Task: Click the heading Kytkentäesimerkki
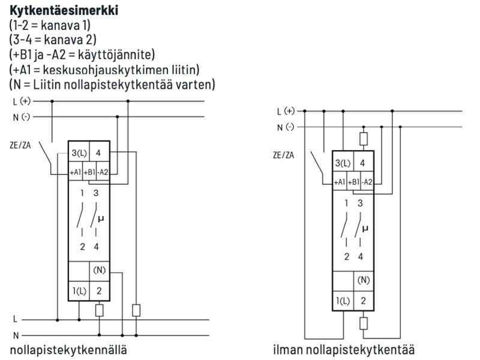coord(58,11)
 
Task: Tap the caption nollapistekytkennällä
coord(68,349)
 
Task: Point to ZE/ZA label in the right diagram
coord(284,155)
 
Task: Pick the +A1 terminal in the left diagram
coord(75,172)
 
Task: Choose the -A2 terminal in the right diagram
coord(367,182)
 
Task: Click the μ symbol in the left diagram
coord(100,219)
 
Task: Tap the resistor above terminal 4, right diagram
coord(363,139)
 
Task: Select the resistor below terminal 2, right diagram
coord(363,324)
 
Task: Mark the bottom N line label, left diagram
coord(17,335)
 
